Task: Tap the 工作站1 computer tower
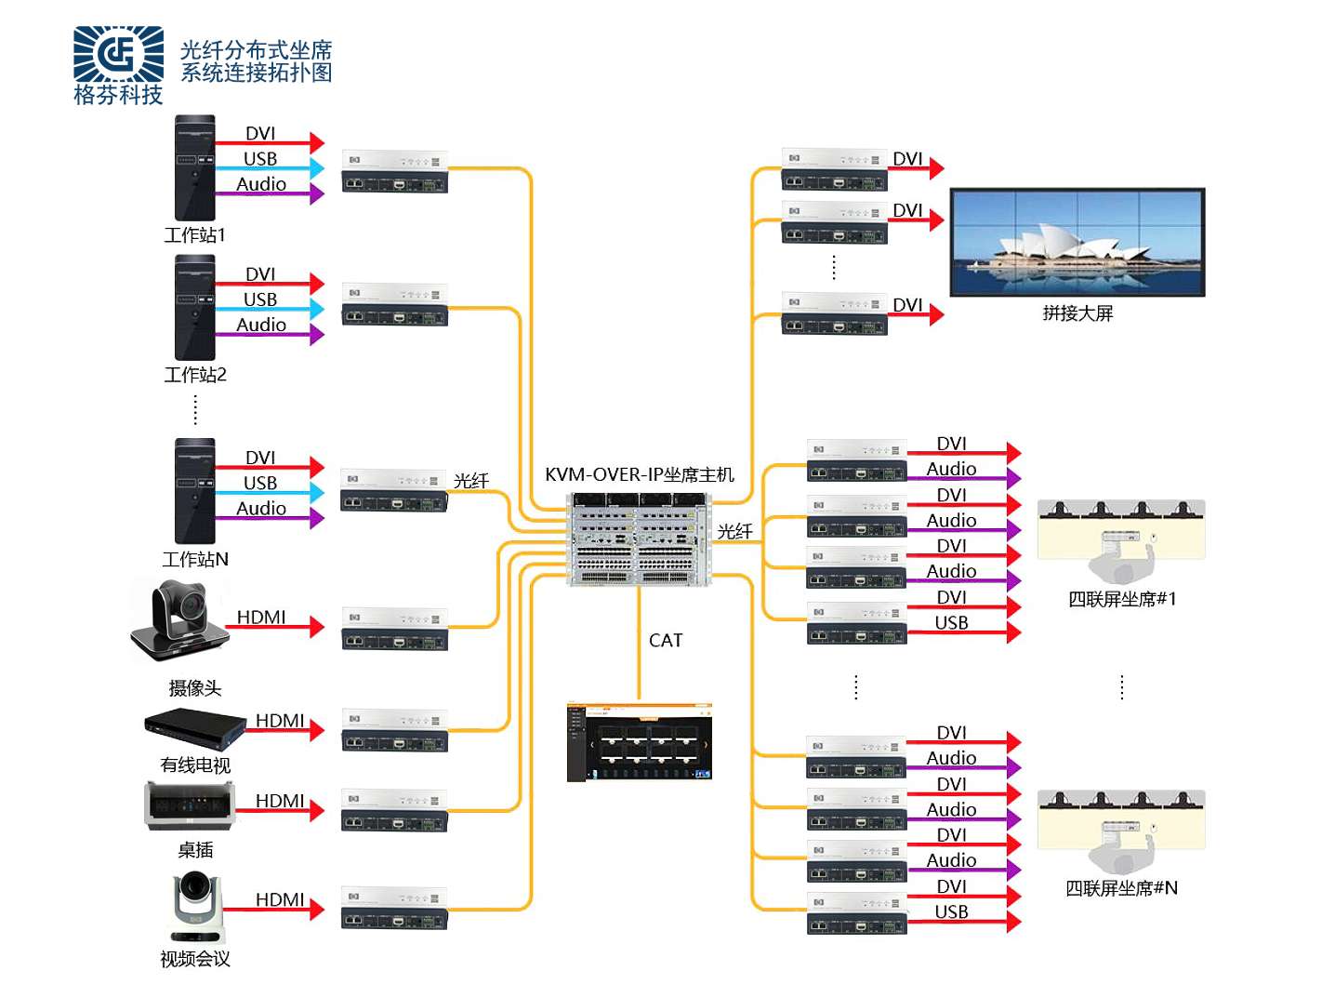coord(195,168)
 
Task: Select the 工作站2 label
coord(195,375)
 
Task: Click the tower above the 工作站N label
coord(195,491)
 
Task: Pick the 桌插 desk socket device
coord(191,805)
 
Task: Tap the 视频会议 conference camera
coord(197,908)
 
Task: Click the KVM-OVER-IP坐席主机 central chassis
coord(639,539)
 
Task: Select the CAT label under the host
coord(666,641)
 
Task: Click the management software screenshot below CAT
coord(640,742)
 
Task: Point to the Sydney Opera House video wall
coord(1077,243)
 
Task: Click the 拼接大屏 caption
coord(1077,313)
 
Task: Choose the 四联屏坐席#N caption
coord(1121,888)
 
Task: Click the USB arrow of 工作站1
coord(270,168)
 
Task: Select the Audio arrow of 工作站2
coord(270,334)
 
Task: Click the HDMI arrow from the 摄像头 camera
coord(275,627)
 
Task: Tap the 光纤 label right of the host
coord(734,531)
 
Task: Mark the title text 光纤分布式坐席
coord(256,50)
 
